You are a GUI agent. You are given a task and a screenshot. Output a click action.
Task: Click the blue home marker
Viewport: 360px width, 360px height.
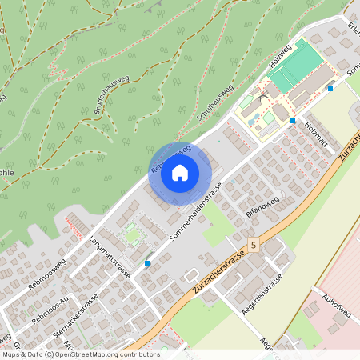click(180, 173)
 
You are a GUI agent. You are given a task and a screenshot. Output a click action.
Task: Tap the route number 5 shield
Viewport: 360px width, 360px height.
click(253, 244)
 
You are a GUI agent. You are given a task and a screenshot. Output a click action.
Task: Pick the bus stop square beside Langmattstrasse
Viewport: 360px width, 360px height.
click(147, 262)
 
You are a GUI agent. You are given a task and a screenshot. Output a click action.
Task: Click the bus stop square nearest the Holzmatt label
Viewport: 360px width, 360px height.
click(293, 121)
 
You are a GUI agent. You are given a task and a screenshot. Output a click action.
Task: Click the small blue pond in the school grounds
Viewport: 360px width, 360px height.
click(253, 120)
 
